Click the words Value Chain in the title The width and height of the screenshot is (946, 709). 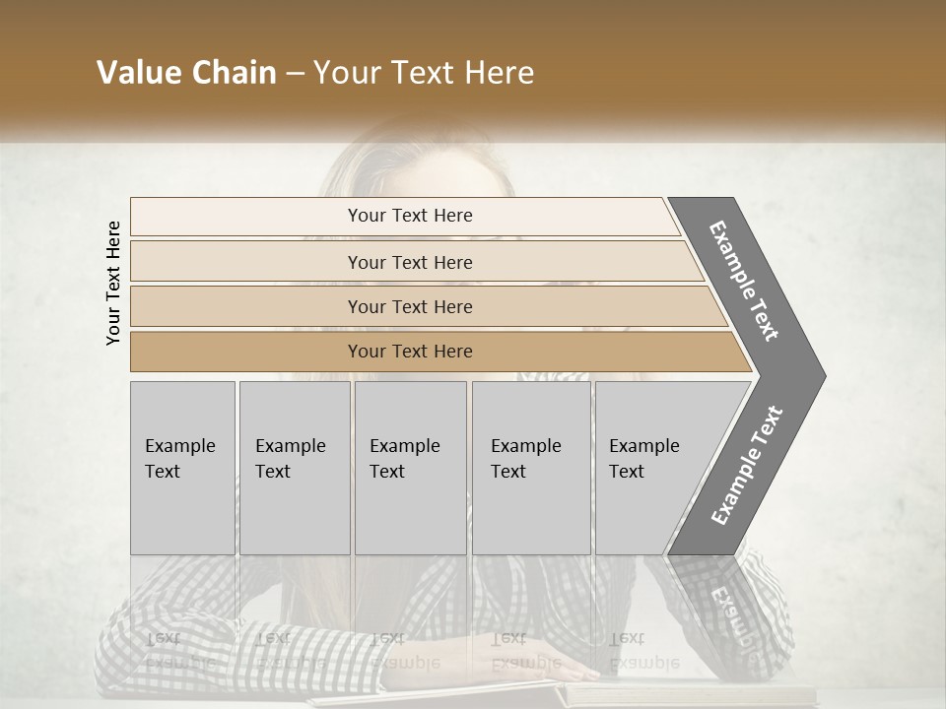(x=186, y=73)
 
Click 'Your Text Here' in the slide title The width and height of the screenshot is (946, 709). (x=424, y=73)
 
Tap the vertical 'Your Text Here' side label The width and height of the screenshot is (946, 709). (x=113, y=283)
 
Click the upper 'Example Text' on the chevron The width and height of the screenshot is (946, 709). (x=744, y=281)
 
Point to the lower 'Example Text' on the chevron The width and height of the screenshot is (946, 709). (x=746, y=466)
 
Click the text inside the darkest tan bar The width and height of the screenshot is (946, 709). (x=410, y=352)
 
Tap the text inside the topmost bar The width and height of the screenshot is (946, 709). (x=410, y=216)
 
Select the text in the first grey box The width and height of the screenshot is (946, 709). (x=179, y=458)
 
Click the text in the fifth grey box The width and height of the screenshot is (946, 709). (x=643, y=458)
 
